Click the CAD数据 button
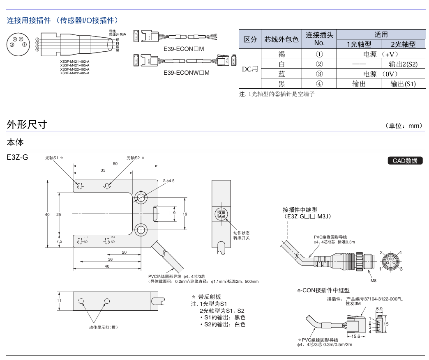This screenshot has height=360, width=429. (405, 161)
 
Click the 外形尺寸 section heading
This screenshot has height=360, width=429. (27, 125)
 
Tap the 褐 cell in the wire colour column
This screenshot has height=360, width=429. (281, 54)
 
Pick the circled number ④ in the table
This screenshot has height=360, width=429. (319, 84)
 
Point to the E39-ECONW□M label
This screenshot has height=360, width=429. (186, 73)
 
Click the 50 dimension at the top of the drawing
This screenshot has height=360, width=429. (115, 163)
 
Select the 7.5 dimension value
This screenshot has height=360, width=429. (59, 241)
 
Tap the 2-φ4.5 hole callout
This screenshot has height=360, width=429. (168, 181)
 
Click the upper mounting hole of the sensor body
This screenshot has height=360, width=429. (141, 197)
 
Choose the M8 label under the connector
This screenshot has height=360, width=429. (373, 281)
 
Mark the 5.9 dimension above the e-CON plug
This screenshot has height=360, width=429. (379, 309)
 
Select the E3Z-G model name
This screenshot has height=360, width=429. (17, 157)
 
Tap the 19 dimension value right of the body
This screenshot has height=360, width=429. (185, 214)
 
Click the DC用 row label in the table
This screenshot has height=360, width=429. (249, 69)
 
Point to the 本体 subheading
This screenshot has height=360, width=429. (15, 142)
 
